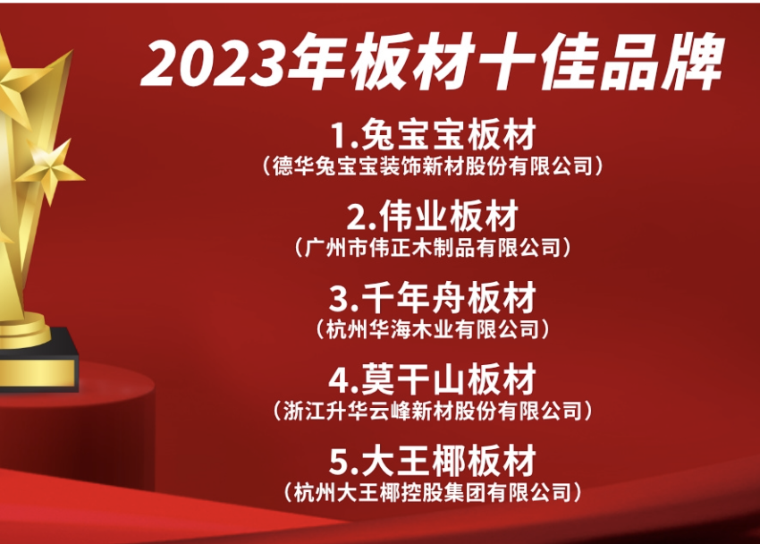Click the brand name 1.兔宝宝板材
433,134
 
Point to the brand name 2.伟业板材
433,217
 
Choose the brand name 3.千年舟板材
433,298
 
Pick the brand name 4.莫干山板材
433,379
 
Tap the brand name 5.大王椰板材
433,461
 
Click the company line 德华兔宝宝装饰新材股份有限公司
433,166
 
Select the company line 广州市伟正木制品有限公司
433,248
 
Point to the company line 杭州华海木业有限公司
433,329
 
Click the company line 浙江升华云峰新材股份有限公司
433,411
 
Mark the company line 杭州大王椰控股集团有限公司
433,493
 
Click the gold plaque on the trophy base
37,373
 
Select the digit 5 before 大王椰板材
338,462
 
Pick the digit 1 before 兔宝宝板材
339,136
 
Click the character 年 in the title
317,62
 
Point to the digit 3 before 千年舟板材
338,299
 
